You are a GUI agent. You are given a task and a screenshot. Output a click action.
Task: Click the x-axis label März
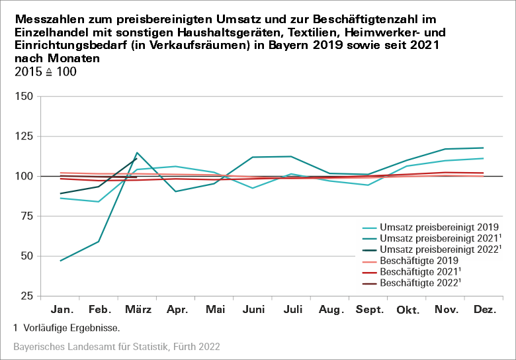[x=137, y=310]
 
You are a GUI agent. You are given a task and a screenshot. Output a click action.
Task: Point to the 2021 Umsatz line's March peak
[x=137, y=153]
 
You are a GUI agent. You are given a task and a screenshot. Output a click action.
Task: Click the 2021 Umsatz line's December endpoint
[x=484, y=148]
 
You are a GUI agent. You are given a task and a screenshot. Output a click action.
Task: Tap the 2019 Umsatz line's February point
[x=99, y=202]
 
